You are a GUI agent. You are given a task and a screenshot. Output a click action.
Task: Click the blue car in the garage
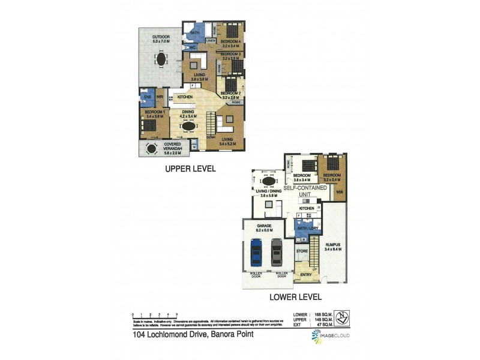point(256,252)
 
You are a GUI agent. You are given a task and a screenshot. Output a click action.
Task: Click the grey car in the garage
point(276,252)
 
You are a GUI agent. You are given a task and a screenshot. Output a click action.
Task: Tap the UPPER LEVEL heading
point(190,169)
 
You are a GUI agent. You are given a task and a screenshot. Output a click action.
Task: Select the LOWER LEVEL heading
point(296,296)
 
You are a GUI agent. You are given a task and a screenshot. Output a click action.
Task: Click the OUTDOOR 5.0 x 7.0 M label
point(161,40)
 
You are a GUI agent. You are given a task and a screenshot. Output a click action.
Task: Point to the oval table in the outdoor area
point(161,59)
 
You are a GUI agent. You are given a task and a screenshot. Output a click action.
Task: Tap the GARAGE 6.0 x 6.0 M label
point(265,227)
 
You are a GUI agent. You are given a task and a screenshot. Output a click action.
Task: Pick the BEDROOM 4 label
point(231,41)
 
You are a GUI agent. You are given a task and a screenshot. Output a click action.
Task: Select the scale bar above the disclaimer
point(155,314)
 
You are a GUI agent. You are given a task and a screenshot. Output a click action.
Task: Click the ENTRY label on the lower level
point(306,275)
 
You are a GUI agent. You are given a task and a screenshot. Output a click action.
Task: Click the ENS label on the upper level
point(146,97)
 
